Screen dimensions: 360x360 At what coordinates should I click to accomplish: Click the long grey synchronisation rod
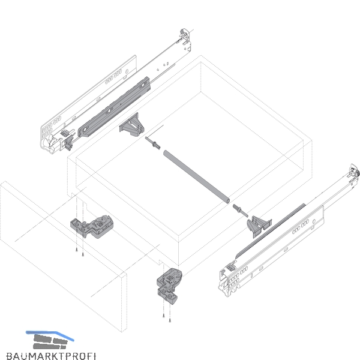[196, 177]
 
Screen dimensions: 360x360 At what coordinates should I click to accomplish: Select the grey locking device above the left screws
[92, 226]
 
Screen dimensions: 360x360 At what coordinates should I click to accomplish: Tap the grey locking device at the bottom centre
[169, 286]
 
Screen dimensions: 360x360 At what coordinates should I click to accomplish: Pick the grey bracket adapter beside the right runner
[259, 226]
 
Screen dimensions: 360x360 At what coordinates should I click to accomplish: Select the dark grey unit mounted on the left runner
[115, 107]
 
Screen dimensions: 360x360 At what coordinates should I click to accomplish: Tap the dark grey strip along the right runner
[271, 230]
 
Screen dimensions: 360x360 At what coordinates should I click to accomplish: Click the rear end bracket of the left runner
[185, 40]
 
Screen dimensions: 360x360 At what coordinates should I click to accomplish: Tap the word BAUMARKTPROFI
[51, 356]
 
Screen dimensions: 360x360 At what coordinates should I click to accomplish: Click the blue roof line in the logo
[50, 335]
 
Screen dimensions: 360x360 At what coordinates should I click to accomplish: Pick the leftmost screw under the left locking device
[77, 250]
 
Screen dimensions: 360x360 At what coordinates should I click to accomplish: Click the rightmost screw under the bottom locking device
[170, 320]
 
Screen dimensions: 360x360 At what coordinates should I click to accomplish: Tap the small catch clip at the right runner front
[231, 268]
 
